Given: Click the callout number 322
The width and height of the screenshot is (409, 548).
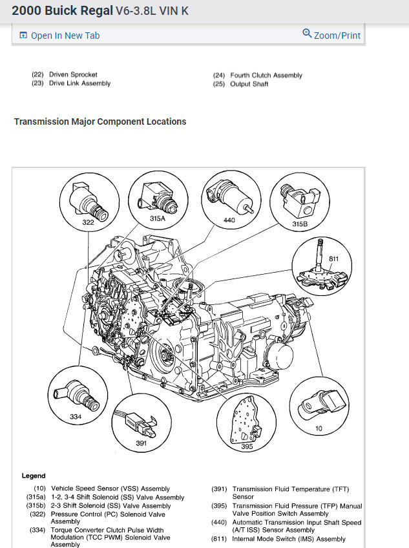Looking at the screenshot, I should tap(88, 222).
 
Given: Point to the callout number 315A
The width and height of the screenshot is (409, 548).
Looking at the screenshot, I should tap(158, 219).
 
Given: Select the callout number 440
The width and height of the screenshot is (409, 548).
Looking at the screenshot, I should tap(229, 220).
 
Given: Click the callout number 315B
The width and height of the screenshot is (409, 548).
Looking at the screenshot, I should tap(299, 224).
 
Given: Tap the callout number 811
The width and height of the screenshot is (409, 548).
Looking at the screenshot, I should tap(333, 258).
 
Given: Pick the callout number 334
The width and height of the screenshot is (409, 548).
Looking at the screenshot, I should tap(76, 417).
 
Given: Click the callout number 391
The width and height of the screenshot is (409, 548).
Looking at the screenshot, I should tap(142, 443).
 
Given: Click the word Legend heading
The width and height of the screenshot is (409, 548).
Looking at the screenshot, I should tap(34, 476).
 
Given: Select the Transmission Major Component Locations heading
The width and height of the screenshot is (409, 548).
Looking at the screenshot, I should tap(100, 121).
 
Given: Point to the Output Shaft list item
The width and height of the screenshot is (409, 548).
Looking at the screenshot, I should tap(249, 84).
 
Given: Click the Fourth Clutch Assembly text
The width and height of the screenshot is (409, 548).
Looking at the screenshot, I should tap(266, 76).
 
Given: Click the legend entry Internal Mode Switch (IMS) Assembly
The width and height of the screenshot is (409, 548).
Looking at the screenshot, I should tap(289, 539).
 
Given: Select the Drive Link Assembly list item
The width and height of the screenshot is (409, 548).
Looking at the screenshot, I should tap(79, 83).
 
